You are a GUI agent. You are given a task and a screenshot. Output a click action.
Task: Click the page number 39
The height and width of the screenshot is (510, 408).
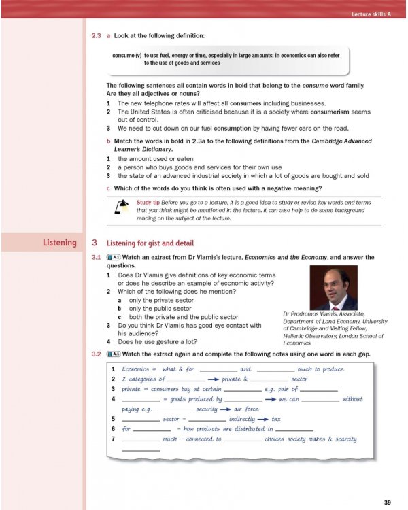(386, 503)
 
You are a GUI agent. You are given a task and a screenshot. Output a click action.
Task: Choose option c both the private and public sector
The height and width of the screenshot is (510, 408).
(178, 317)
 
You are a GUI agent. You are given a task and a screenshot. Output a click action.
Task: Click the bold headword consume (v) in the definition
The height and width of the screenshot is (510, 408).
(127, 55)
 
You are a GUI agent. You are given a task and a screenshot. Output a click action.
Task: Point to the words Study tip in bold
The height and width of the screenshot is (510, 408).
(148, 203)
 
